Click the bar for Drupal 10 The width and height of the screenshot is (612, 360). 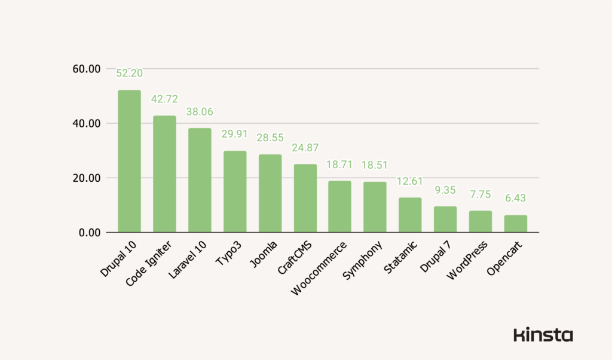(129, 161)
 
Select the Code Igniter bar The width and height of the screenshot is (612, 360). (164, 173)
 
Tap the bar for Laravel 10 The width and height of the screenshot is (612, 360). (200, 179)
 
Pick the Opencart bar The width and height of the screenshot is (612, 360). (515, 223)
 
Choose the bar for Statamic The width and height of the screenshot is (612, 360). (410, 215)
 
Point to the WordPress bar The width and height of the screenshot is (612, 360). (480, 221)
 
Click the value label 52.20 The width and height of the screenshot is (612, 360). (129, 73)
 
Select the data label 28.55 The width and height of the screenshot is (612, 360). (270, 138)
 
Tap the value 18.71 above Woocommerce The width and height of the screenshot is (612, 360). (339, 164)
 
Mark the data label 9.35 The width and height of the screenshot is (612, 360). (445, 190)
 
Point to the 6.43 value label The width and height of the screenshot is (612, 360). (515, 198)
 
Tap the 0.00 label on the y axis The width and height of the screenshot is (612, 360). (90, 232)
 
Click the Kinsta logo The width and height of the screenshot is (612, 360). (543, 335)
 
